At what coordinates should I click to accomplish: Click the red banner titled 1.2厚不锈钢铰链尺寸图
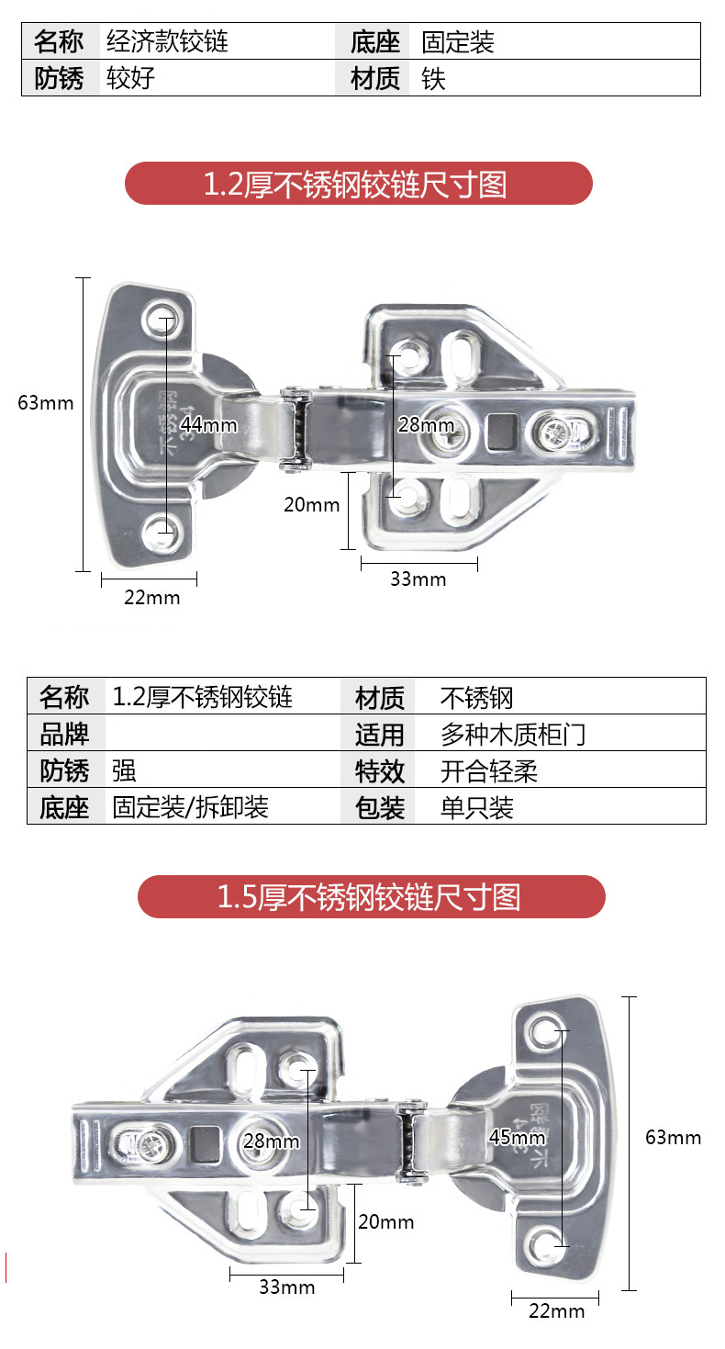[x=358, y=184]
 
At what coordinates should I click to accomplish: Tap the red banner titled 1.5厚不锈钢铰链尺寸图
[x=371, y=896]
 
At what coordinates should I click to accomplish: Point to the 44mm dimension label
[x=208, y=424]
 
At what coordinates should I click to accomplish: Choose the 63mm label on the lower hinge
[x=673, y=1137]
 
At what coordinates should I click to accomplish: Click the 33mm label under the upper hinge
[x=418, y=579]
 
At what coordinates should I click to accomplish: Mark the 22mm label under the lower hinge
[x=556, y=1310]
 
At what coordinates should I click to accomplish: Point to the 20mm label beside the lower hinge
[x=385, y=1222]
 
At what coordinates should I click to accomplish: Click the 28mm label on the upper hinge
[x=426, y=424]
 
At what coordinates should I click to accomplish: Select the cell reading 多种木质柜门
[x=513, y=734]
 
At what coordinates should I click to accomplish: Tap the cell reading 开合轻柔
[x=489, y=770]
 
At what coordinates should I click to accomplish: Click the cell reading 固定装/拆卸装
[x=191, y=807]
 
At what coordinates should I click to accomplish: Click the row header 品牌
[x=64, y=734]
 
